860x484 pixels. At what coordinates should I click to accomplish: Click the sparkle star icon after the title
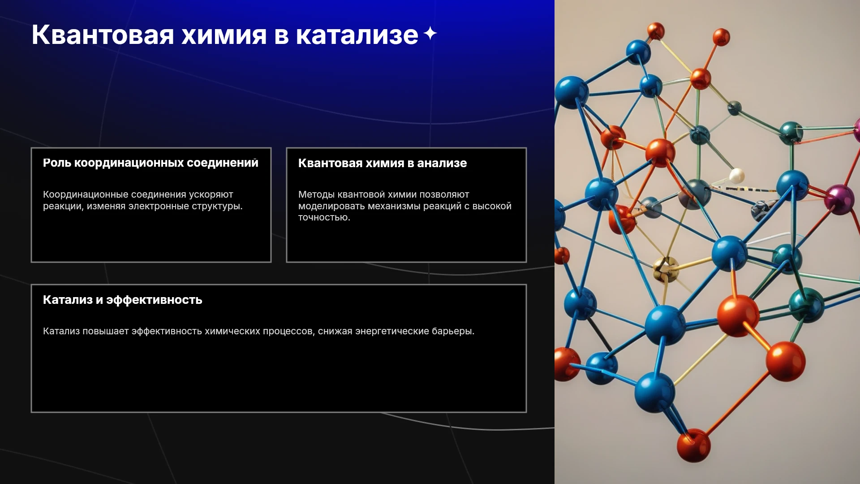430,33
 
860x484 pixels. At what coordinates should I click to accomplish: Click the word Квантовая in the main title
103,35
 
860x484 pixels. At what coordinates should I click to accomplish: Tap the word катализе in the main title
357,35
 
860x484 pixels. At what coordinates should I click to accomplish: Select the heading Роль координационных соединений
150,163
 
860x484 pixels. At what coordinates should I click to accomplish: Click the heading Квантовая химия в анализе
383,163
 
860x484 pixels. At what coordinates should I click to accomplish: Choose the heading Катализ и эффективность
123,300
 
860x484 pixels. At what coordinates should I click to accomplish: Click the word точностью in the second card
324,217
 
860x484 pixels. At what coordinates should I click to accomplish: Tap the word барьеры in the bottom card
453,331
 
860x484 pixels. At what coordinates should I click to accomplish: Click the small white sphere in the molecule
736,175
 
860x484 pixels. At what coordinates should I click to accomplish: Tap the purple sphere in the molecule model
839,199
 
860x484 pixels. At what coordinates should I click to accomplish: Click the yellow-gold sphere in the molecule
666,269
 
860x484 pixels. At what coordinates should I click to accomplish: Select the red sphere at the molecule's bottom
693,445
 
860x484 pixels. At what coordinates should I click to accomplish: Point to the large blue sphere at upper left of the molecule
572,92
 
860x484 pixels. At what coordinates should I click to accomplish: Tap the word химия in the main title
224,35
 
